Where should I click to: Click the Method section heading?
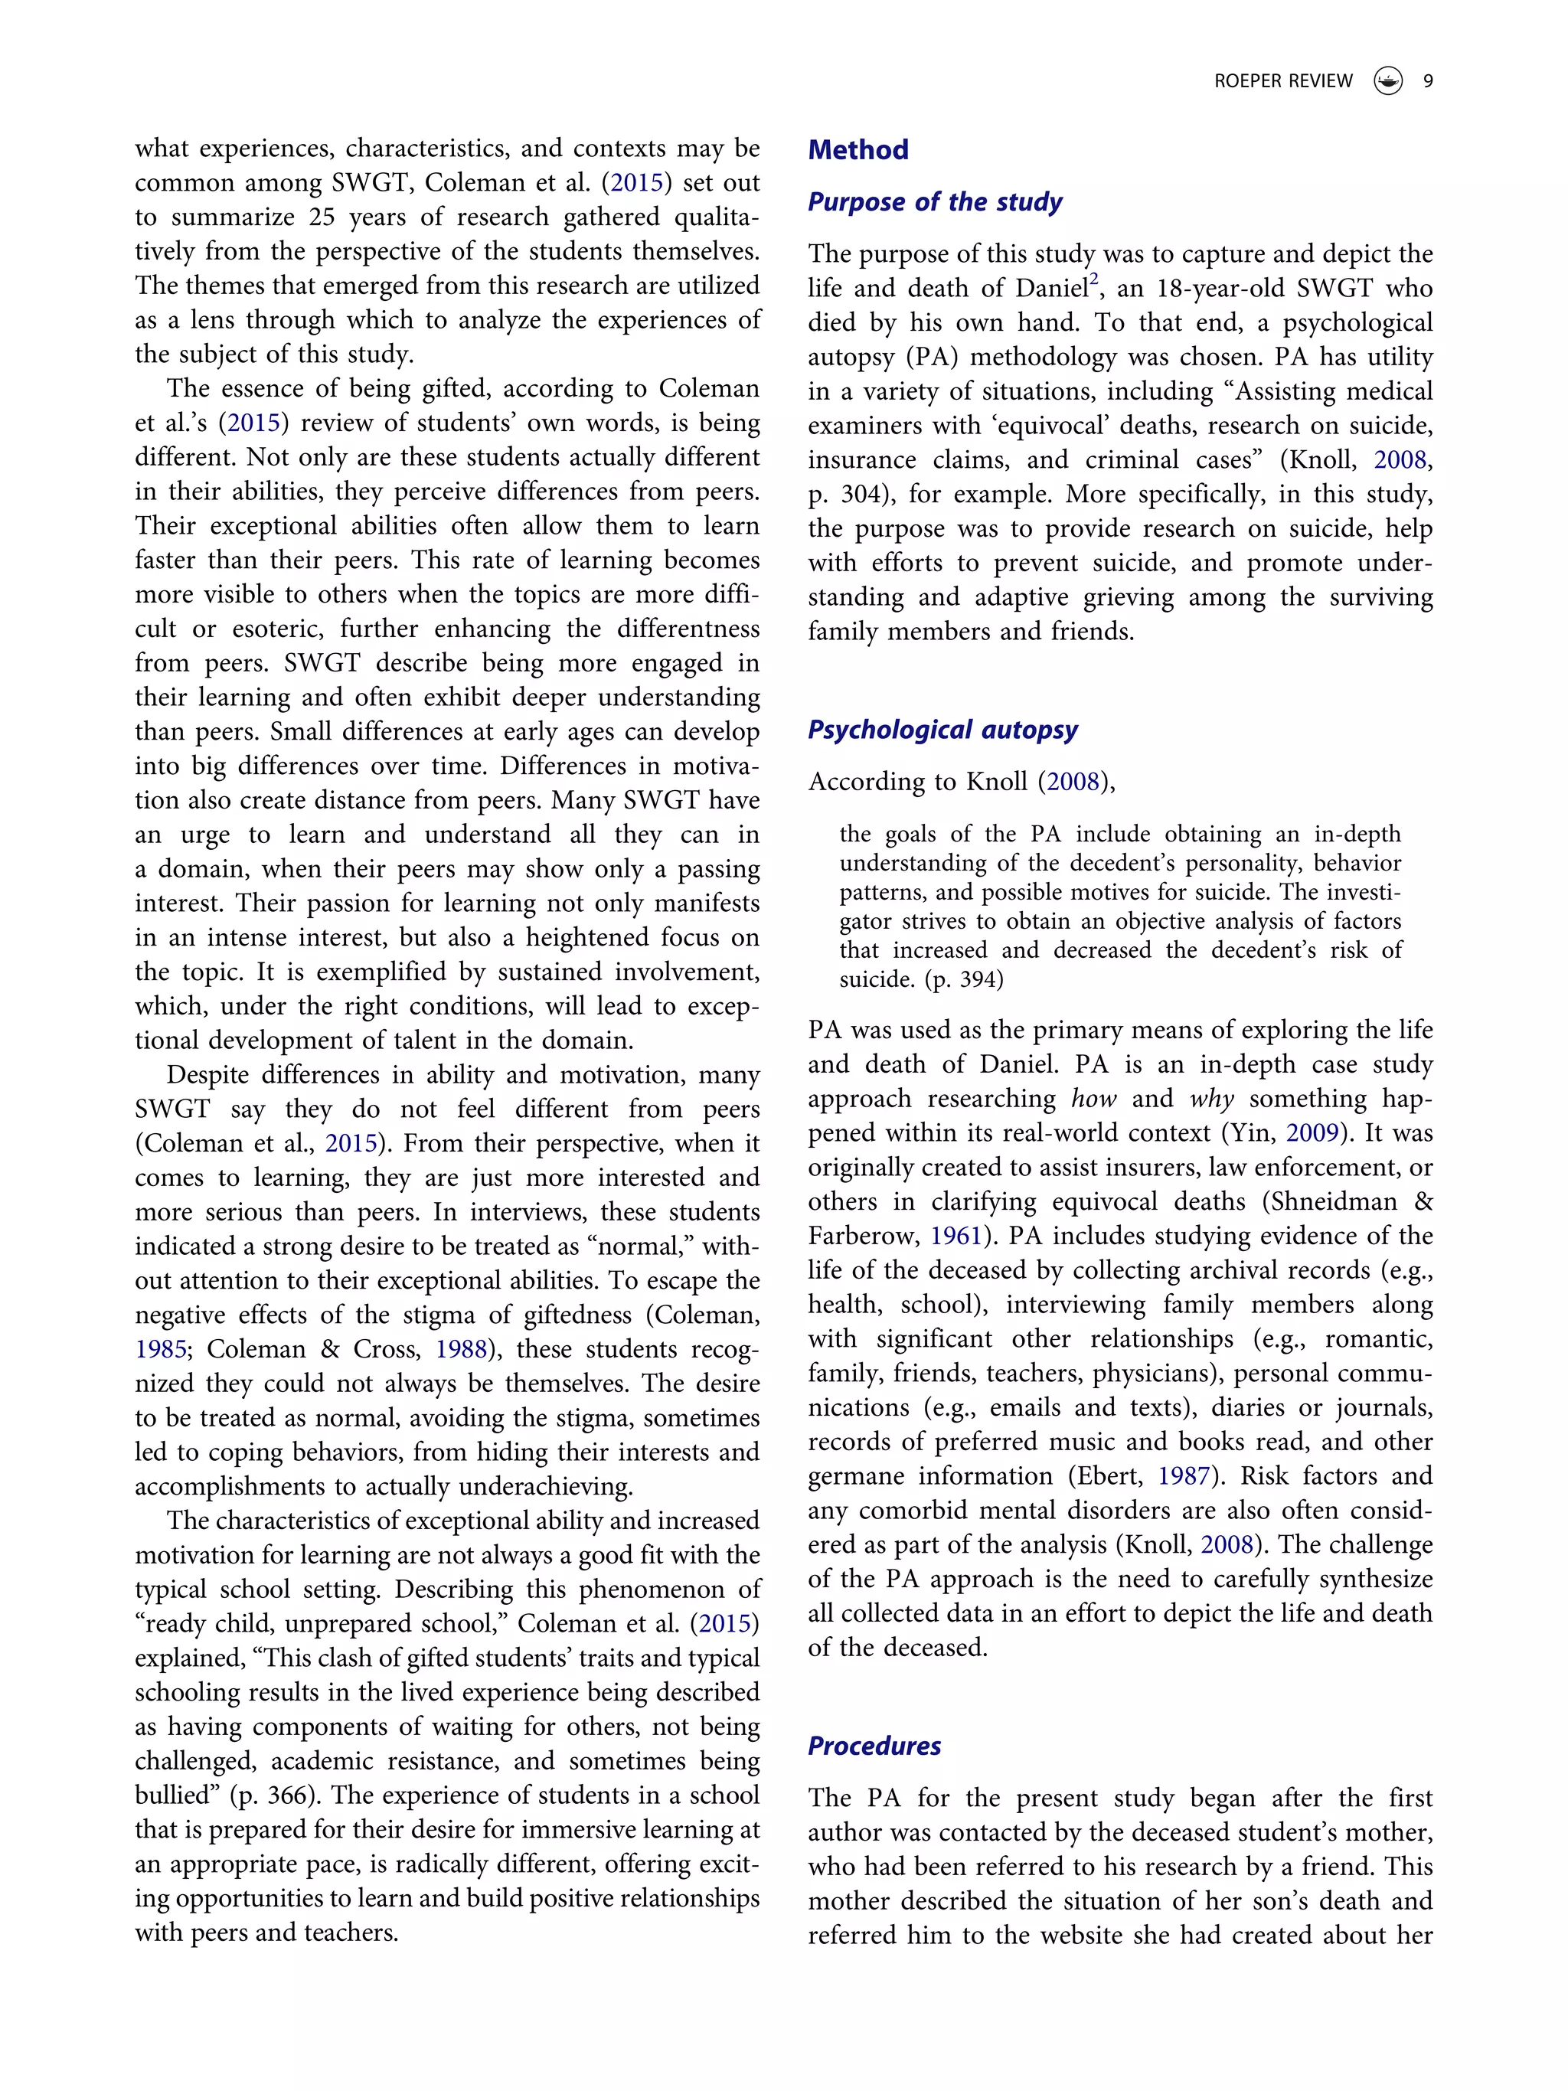click(x=857, y=149)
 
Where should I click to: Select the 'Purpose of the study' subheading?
click(x=934, y=201)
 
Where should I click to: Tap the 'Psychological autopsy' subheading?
click(x=942, y=729)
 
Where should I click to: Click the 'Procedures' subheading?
click(x=874, y=1745)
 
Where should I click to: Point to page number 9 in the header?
click(x=1427, y=81)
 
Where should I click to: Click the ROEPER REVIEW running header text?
click(x=1282, y=81)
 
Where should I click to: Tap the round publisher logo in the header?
click(x=1387, y=81)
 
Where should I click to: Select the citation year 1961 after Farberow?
click(x=955, y=1236)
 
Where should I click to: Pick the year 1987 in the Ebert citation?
click(x=1184, y=1475)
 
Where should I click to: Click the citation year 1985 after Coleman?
click(x=160, y=1349)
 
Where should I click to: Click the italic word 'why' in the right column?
click(x=1210, y=1099)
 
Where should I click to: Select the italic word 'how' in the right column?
click(x=1093, y=1099)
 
